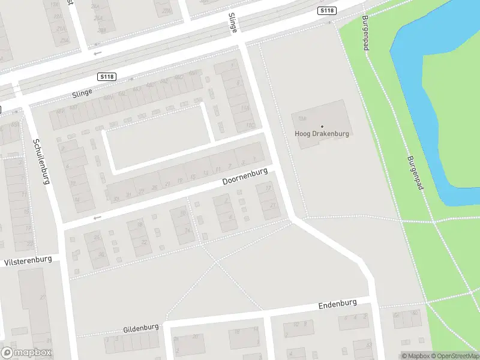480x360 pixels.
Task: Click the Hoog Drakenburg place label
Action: pyautogui.click(x=322, y=133)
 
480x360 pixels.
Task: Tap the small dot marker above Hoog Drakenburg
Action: pyautogui.click(x=322, y=126)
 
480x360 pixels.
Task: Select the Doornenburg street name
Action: pyautogui.click(x=244, y=176)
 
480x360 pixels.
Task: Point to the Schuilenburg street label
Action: pyautogui.click(x=41, y=161)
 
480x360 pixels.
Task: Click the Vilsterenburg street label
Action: pyautogui.click(x=28, y=261)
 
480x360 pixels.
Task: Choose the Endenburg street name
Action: pyautogui.click(x=337, y=304)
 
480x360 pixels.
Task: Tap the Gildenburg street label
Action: pyautogui.click(x=141, y=328)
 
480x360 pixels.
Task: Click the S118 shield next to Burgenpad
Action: pyautogui.click(x=326, y=11)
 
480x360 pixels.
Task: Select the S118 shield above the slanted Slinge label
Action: pyautogui.click(x=107, y=77)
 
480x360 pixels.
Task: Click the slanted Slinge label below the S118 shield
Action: pyautogui.click(x=82, y=92)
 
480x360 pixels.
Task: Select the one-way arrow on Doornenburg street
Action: pyautogui.click(x=97, y=217)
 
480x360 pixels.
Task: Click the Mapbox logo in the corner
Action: pyautogui.click(x=26, y=353)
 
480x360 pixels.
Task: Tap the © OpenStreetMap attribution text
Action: pyautogui.click(x=454, y=356)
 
